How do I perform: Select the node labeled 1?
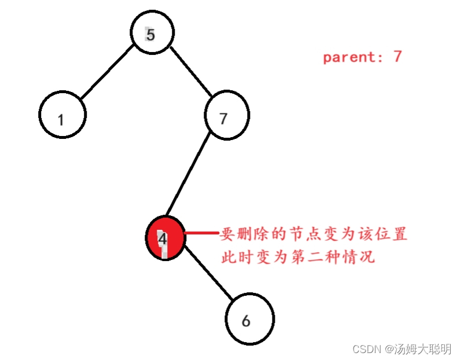click(62, 114)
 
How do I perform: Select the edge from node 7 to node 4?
click(190, 177)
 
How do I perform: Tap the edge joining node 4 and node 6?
click(209, 277)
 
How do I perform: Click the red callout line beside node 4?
click(201, 233)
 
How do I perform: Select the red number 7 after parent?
click(397, 57)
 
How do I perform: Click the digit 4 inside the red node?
click(163, 238)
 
